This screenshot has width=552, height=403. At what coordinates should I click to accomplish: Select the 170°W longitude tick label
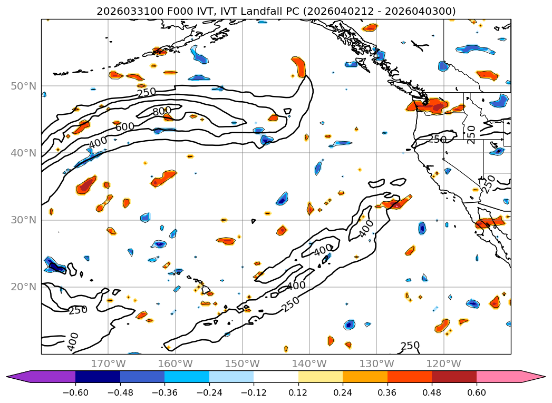click(x=108, y=363)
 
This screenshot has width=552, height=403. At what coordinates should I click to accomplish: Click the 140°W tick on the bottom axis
click(x=309, y=363)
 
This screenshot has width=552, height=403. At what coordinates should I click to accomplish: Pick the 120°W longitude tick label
click(x=443, y=363)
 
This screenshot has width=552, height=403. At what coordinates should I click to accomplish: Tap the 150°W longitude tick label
click(x=243, y=363)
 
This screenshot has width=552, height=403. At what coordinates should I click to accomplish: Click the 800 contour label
click(x=161, y=112)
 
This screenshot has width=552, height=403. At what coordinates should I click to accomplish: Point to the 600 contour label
click(x=125, y=126)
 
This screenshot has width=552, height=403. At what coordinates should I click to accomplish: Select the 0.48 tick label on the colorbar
click(x=432, y=393)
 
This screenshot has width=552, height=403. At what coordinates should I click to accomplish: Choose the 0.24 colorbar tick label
click(x=343, y=393)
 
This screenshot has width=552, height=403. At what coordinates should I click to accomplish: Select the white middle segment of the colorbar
click(x=276, y=377)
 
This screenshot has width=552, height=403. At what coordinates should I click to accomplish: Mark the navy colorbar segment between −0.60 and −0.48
click(x=98, y=377)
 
